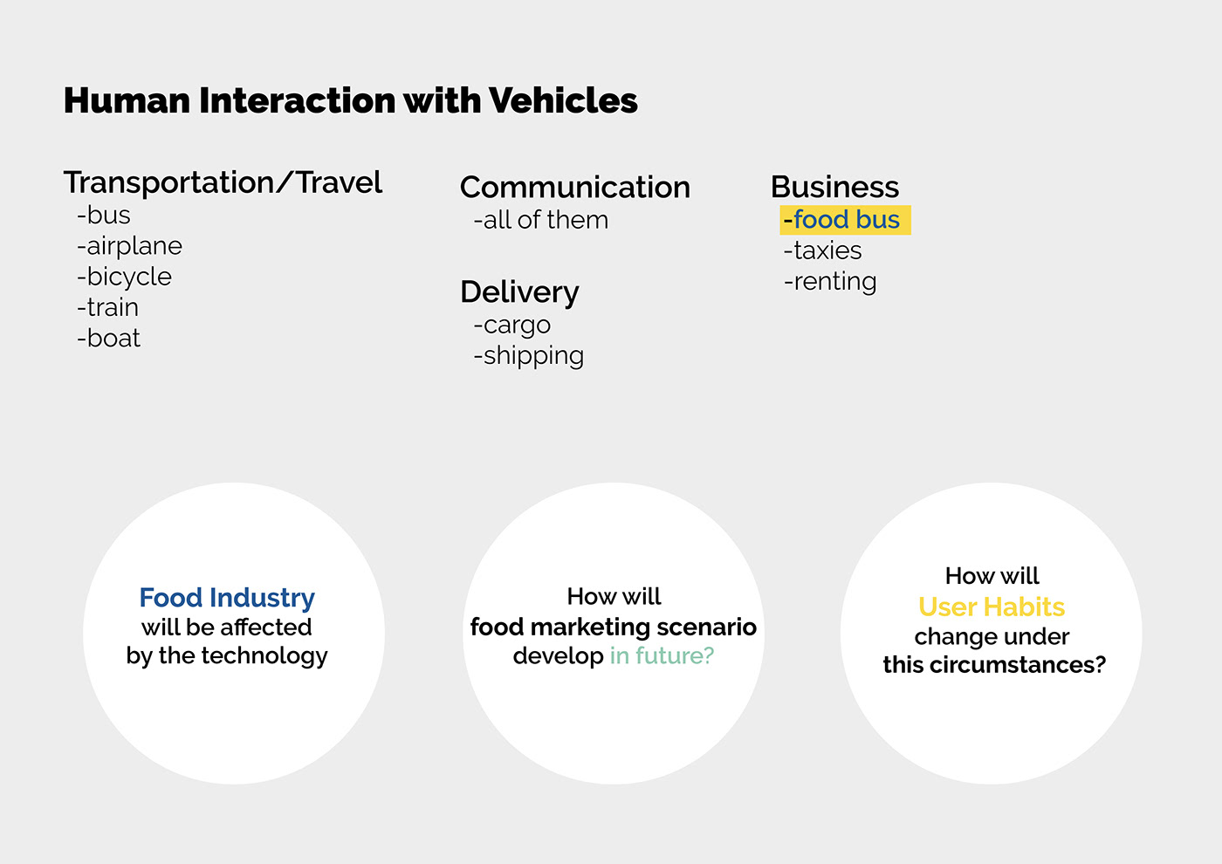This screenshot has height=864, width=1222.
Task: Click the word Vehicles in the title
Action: (563, 100)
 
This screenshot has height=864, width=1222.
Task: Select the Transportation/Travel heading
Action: (223, 182)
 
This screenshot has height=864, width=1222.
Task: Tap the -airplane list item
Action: (129, 246)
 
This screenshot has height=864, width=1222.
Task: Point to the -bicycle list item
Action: (124, 277)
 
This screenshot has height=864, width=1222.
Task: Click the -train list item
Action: (107, 307)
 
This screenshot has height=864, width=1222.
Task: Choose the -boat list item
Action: (108, 339)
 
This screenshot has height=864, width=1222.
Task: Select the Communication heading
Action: (574, 188)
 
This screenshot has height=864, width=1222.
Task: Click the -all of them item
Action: (540, 220)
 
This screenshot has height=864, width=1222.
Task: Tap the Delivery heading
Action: (519, 292)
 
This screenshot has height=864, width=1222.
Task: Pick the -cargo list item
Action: (511, 325)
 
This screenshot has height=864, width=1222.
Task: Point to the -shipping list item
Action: (528, 356)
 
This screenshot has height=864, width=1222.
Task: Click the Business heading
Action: (834, 187)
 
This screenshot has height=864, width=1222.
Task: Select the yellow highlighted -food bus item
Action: (844, 220)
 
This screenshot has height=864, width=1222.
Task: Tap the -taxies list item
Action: (822, 251)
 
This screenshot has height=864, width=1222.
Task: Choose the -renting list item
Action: (829, 282)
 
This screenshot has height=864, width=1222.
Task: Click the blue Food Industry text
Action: (227, 598)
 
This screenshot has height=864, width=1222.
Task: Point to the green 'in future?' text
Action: (662, 655)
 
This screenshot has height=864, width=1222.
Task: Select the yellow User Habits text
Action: (992, 607)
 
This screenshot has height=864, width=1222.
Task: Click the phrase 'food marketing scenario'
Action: (613, 627)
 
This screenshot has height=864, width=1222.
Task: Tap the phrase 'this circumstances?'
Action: (994, 665)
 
